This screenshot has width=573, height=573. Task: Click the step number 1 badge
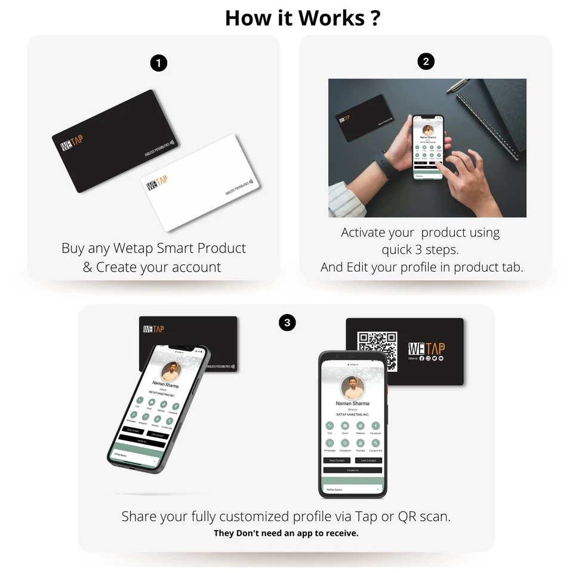[158, 63]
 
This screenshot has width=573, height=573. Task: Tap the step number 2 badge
[426, 61]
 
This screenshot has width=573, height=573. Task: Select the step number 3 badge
[288, 323]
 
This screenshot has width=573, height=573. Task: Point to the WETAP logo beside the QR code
[426, 348]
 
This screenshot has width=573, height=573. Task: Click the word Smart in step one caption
[175, 248]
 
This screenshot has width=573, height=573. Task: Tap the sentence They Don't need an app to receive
[286, 533]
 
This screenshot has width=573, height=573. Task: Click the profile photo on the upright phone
[352, 388]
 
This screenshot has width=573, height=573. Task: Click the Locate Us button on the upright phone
[352, 470]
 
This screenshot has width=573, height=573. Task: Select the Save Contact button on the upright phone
[337, 460]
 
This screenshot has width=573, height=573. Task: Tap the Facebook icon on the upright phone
[375, 426]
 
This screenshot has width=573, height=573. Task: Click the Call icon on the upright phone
[329, 426]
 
